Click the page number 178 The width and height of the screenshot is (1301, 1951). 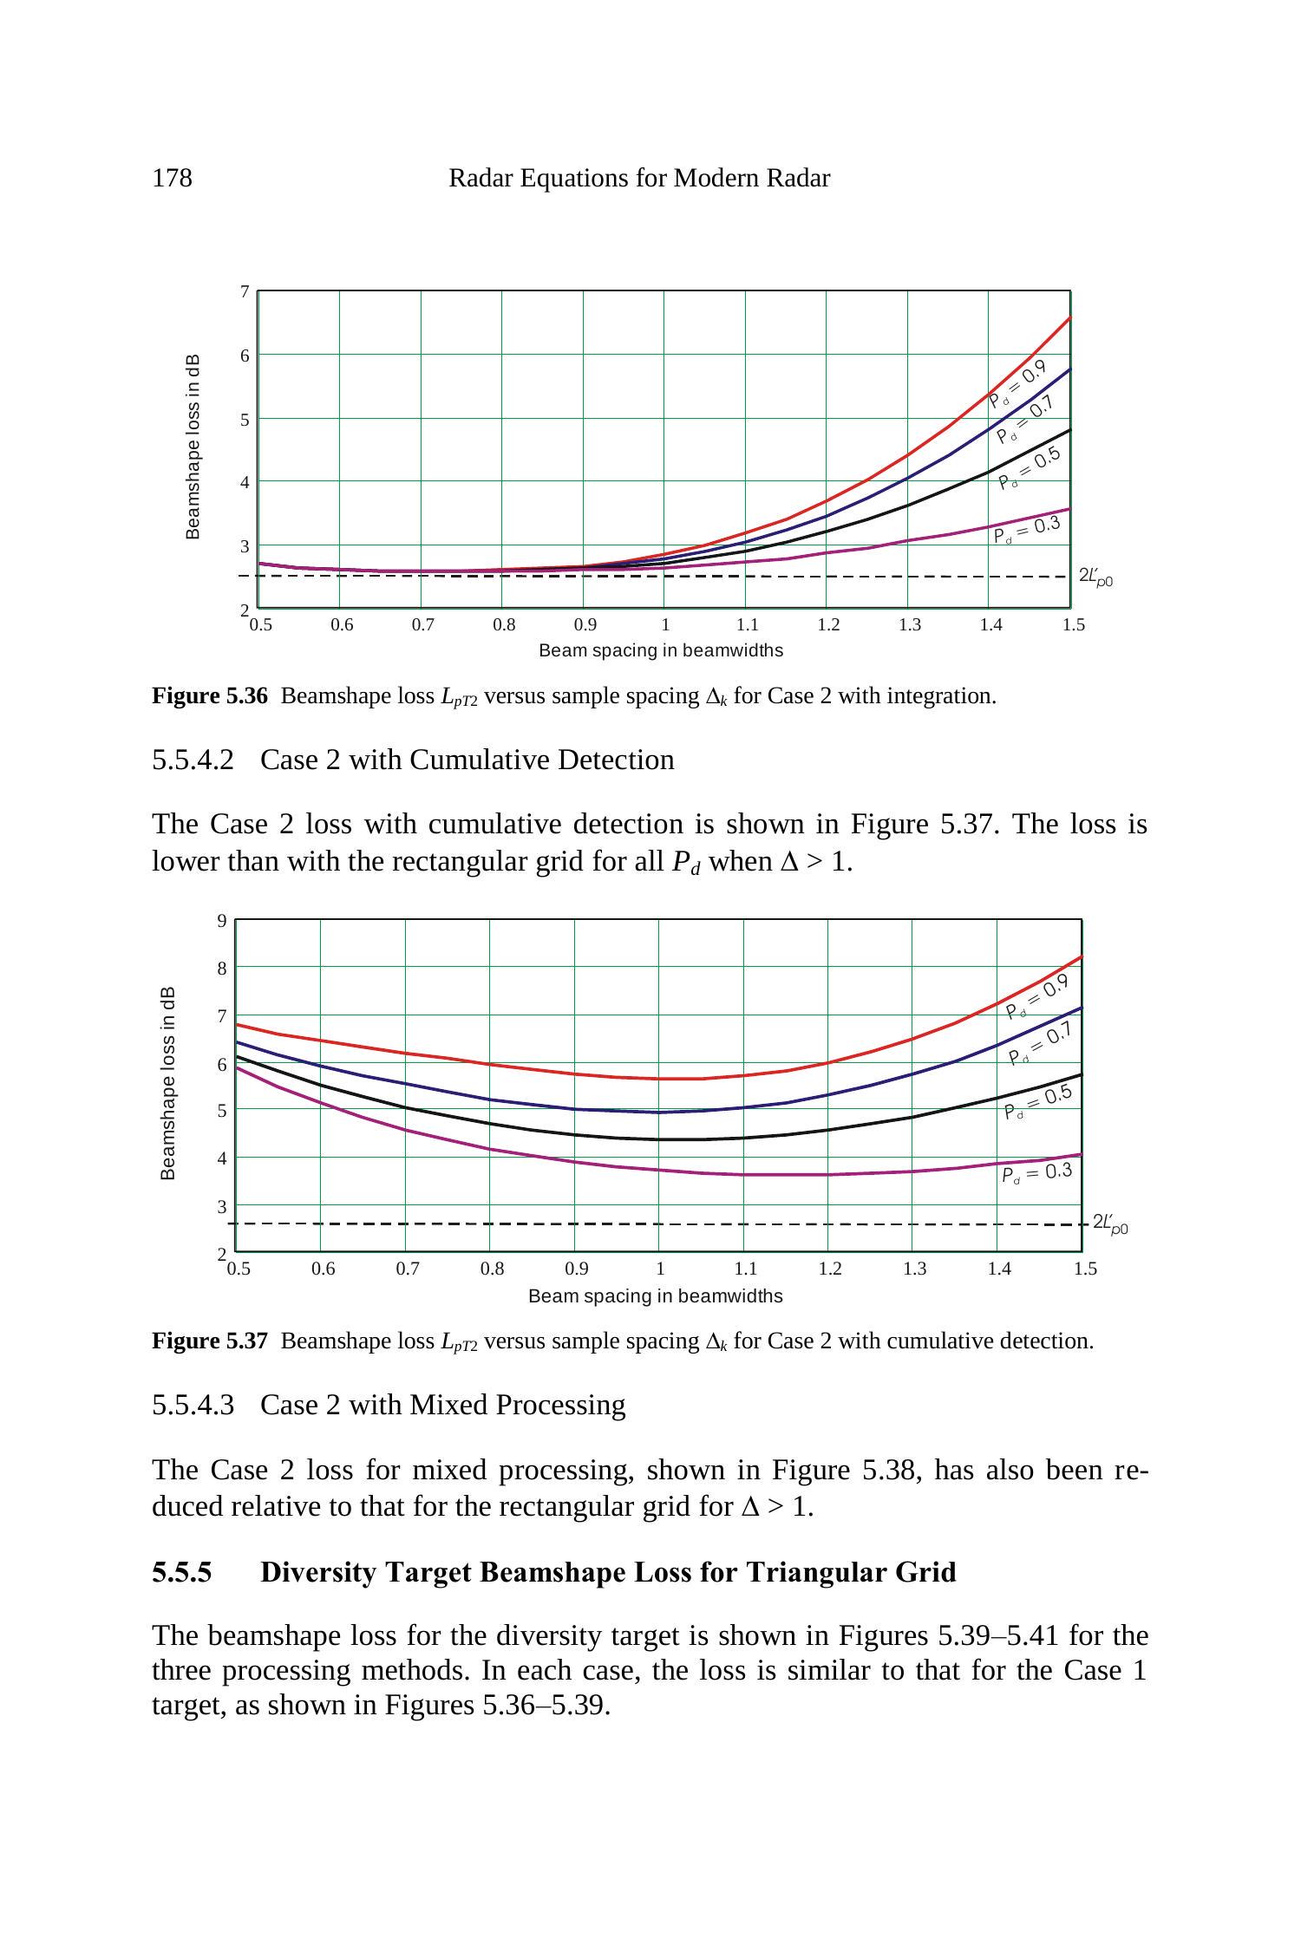172,179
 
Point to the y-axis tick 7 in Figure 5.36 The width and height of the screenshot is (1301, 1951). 245,292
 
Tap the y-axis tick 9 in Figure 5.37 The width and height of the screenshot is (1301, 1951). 223,921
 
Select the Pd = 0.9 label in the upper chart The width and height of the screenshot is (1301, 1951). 1017,384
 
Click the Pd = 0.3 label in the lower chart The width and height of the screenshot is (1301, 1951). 1036,1173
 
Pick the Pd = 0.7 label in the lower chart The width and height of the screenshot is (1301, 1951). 1041,1043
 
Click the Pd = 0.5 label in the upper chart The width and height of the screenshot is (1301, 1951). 1030,468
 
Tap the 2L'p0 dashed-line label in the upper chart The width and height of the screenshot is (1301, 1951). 1095,577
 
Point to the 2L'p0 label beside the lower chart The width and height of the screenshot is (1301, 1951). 1110,1223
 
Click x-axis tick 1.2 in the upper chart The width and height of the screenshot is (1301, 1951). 828,625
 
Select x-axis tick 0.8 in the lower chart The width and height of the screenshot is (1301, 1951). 492,1269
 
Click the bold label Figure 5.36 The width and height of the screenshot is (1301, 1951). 210,696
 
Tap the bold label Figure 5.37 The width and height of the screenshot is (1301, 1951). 210,1341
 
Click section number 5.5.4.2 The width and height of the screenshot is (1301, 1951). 193,760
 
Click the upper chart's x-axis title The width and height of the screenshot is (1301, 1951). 661,650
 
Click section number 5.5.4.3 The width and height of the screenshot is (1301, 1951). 193,1405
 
